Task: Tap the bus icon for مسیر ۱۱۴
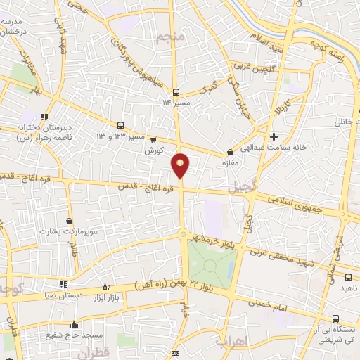coord(176,91)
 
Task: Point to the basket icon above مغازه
coord(230,152)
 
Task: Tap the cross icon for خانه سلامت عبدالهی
coord(274,136)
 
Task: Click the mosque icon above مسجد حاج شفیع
coord(75,324)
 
